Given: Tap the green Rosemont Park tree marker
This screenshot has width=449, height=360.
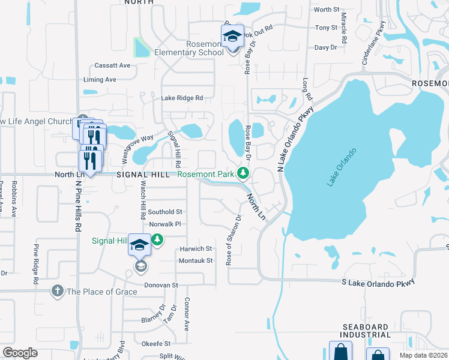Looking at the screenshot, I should [x=243, y=174].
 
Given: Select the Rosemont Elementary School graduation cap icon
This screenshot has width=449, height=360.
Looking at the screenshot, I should [x=232, y=37].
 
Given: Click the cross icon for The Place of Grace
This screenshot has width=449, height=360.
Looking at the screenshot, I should [x=58, y=291].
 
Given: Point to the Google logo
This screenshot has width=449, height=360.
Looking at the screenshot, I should [x=20, y=353].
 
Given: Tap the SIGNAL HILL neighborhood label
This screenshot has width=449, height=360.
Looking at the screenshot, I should [x=143, y=174].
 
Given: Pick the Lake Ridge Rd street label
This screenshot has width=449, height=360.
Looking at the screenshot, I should [x=181, y=98].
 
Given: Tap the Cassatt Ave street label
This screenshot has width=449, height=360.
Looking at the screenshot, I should [x=112, y=65].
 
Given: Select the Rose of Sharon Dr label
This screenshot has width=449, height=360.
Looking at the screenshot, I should [x=233, y=240].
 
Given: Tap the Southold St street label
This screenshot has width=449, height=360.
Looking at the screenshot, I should [x=165, y=212].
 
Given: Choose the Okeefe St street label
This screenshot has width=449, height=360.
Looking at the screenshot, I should [x=156, y=344].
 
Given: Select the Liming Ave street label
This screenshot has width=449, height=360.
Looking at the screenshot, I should [x=100, y=79].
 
